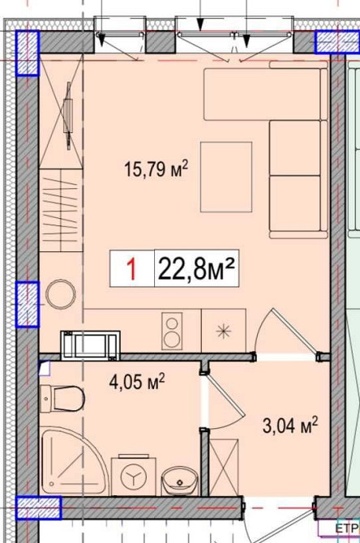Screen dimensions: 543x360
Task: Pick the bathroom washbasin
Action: point(176,481)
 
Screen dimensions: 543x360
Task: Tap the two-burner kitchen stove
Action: point(172,331)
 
